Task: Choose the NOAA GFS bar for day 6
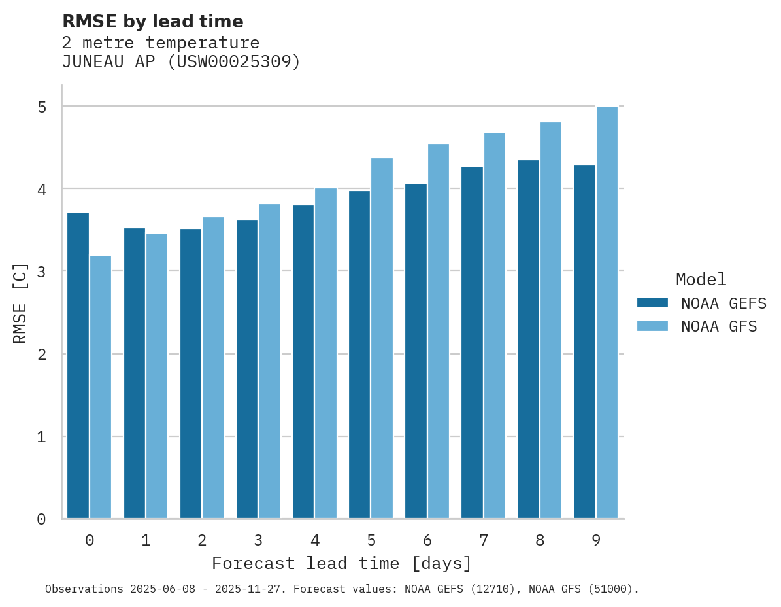click(439, 331)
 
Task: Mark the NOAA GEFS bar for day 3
click(247, 369)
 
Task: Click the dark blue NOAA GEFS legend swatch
click(652, 303)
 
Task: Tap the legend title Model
click(701, 279)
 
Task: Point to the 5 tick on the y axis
click(41, 107)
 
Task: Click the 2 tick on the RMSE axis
click(41, 354)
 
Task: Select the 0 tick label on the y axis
click(41, 519)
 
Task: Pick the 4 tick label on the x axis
click(315, 541)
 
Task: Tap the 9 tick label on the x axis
click(596, 541)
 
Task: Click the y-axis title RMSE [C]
click(20, 303)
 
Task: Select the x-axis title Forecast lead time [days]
click(341, 563)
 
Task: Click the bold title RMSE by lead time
click(152, 22)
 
